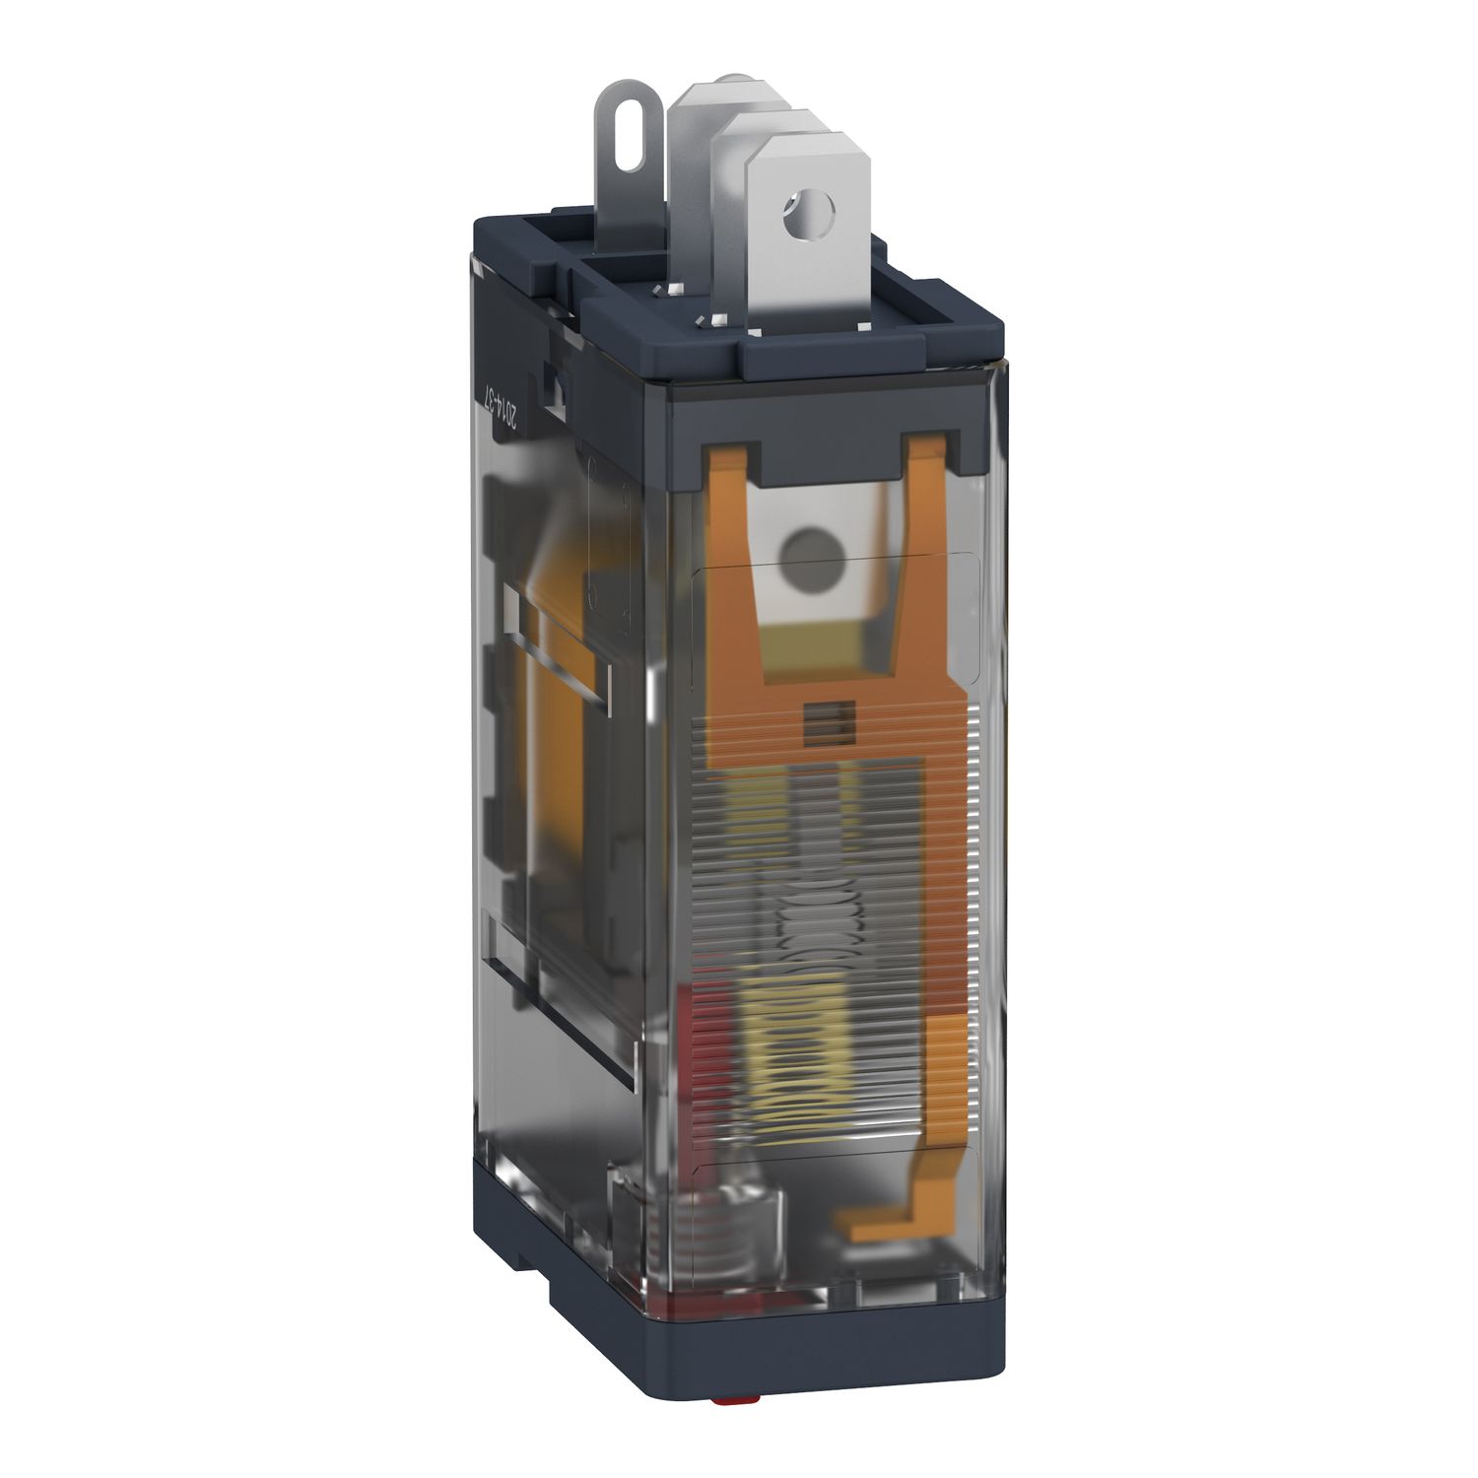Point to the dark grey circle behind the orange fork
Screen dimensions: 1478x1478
click(806, 548)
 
